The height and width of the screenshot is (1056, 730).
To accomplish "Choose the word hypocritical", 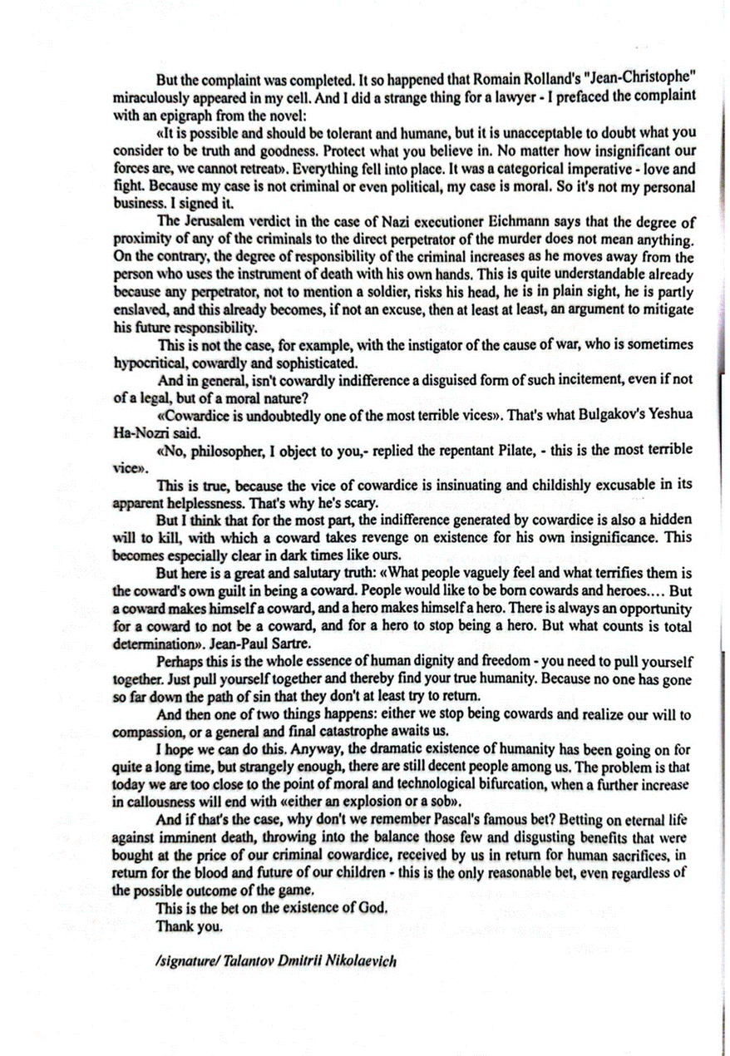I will [x=148, y=363].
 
